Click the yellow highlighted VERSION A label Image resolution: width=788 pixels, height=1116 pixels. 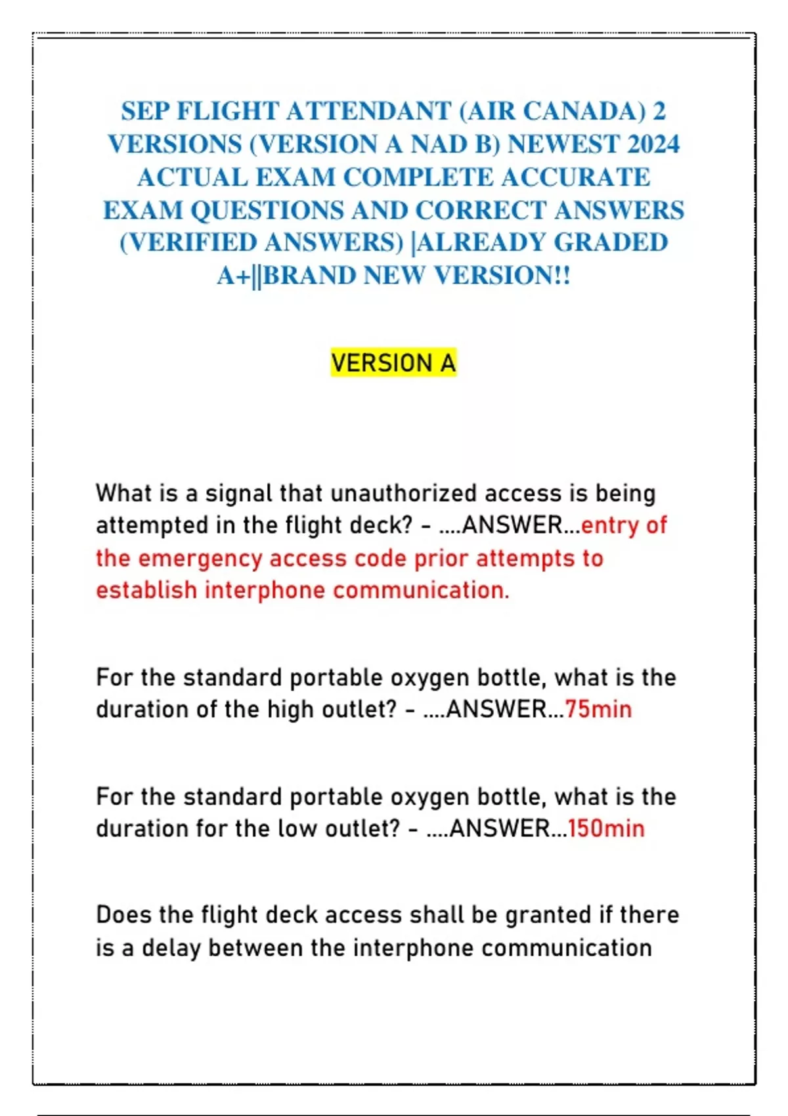click(393, 362)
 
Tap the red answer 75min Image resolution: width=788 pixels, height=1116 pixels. click(598, 709)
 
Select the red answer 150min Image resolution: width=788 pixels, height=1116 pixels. click(605, 828)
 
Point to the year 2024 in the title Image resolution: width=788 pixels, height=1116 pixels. click(653, 144)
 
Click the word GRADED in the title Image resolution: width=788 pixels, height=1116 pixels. click(611, 242)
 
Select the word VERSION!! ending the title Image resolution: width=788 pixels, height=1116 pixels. click(502, 275)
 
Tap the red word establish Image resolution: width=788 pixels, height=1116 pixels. click(146, 590)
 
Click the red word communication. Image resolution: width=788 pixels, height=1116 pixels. click(420, 590)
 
